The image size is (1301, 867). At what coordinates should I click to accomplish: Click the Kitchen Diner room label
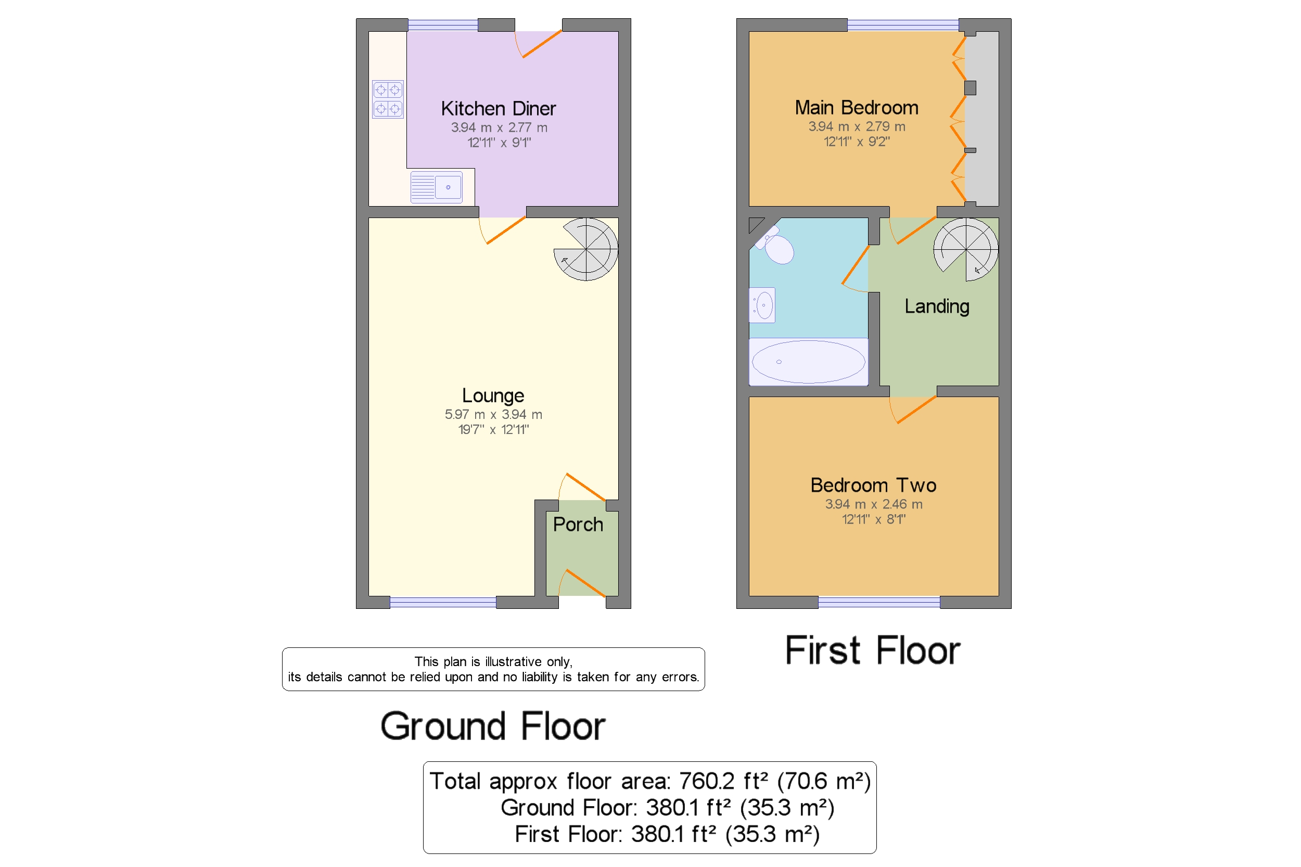point(498,108)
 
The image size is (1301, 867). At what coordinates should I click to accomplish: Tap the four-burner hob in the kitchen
point(387,99)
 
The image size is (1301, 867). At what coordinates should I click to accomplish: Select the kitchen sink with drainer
point(436,187)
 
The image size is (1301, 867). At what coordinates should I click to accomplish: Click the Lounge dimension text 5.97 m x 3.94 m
point(493,414)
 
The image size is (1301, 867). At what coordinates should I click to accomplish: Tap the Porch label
point(577,524)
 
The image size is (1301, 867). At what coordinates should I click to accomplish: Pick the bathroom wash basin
point(762,305)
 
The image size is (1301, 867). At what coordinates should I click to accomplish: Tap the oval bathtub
point(807,362)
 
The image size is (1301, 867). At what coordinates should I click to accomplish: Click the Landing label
point(936,307)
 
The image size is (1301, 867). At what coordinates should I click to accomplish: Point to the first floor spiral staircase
point(965,249)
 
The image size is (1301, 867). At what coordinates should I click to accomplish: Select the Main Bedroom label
point(856,107)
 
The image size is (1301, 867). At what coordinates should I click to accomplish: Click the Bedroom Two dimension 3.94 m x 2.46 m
point(873,504)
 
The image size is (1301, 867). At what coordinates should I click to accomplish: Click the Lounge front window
point(442,603)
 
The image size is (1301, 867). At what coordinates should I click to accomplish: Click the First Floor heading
point(872,651)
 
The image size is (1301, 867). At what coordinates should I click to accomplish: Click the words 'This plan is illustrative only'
point(493,661)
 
